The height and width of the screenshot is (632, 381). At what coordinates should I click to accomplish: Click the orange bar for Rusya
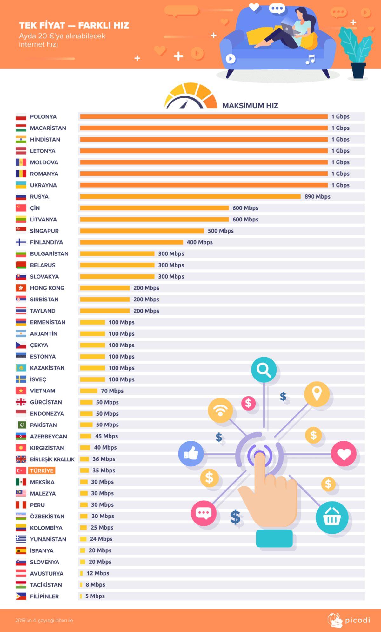point(190,197)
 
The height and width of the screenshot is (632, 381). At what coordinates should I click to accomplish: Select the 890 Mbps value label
point(317,197)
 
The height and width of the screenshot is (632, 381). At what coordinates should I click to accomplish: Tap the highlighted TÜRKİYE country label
point(42,471)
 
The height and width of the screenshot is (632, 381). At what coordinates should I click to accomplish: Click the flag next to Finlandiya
point(21,242)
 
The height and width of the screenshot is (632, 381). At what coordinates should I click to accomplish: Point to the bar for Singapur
point(142,231)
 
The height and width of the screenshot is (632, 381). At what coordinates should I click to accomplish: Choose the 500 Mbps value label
point(220,231)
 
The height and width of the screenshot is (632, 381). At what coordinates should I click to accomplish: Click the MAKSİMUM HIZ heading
point(250,106)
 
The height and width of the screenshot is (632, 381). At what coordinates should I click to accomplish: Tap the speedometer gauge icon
point(190,96)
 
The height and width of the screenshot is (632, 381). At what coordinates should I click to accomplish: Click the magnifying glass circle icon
point(264,369)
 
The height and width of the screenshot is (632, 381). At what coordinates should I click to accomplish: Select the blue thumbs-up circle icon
point(191,454)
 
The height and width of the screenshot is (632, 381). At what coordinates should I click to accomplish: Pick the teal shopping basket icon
point(332,517)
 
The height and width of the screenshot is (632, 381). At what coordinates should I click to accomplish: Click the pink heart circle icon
point(344,454)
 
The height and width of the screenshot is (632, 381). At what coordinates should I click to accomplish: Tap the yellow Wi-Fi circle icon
point(220,410)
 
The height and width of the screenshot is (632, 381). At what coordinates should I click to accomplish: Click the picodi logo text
point(357,620)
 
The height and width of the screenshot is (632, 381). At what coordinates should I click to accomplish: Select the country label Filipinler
point(44,596)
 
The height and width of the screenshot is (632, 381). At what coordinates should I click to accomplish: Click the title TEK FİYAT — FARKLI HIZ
point(74,25)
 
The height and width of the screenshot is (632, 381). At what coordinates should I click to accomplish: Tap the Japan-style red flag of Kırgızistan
point(21,448)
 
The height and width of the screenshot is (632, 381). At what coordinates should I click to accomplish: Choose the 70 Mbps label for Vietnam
point(112,391)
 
